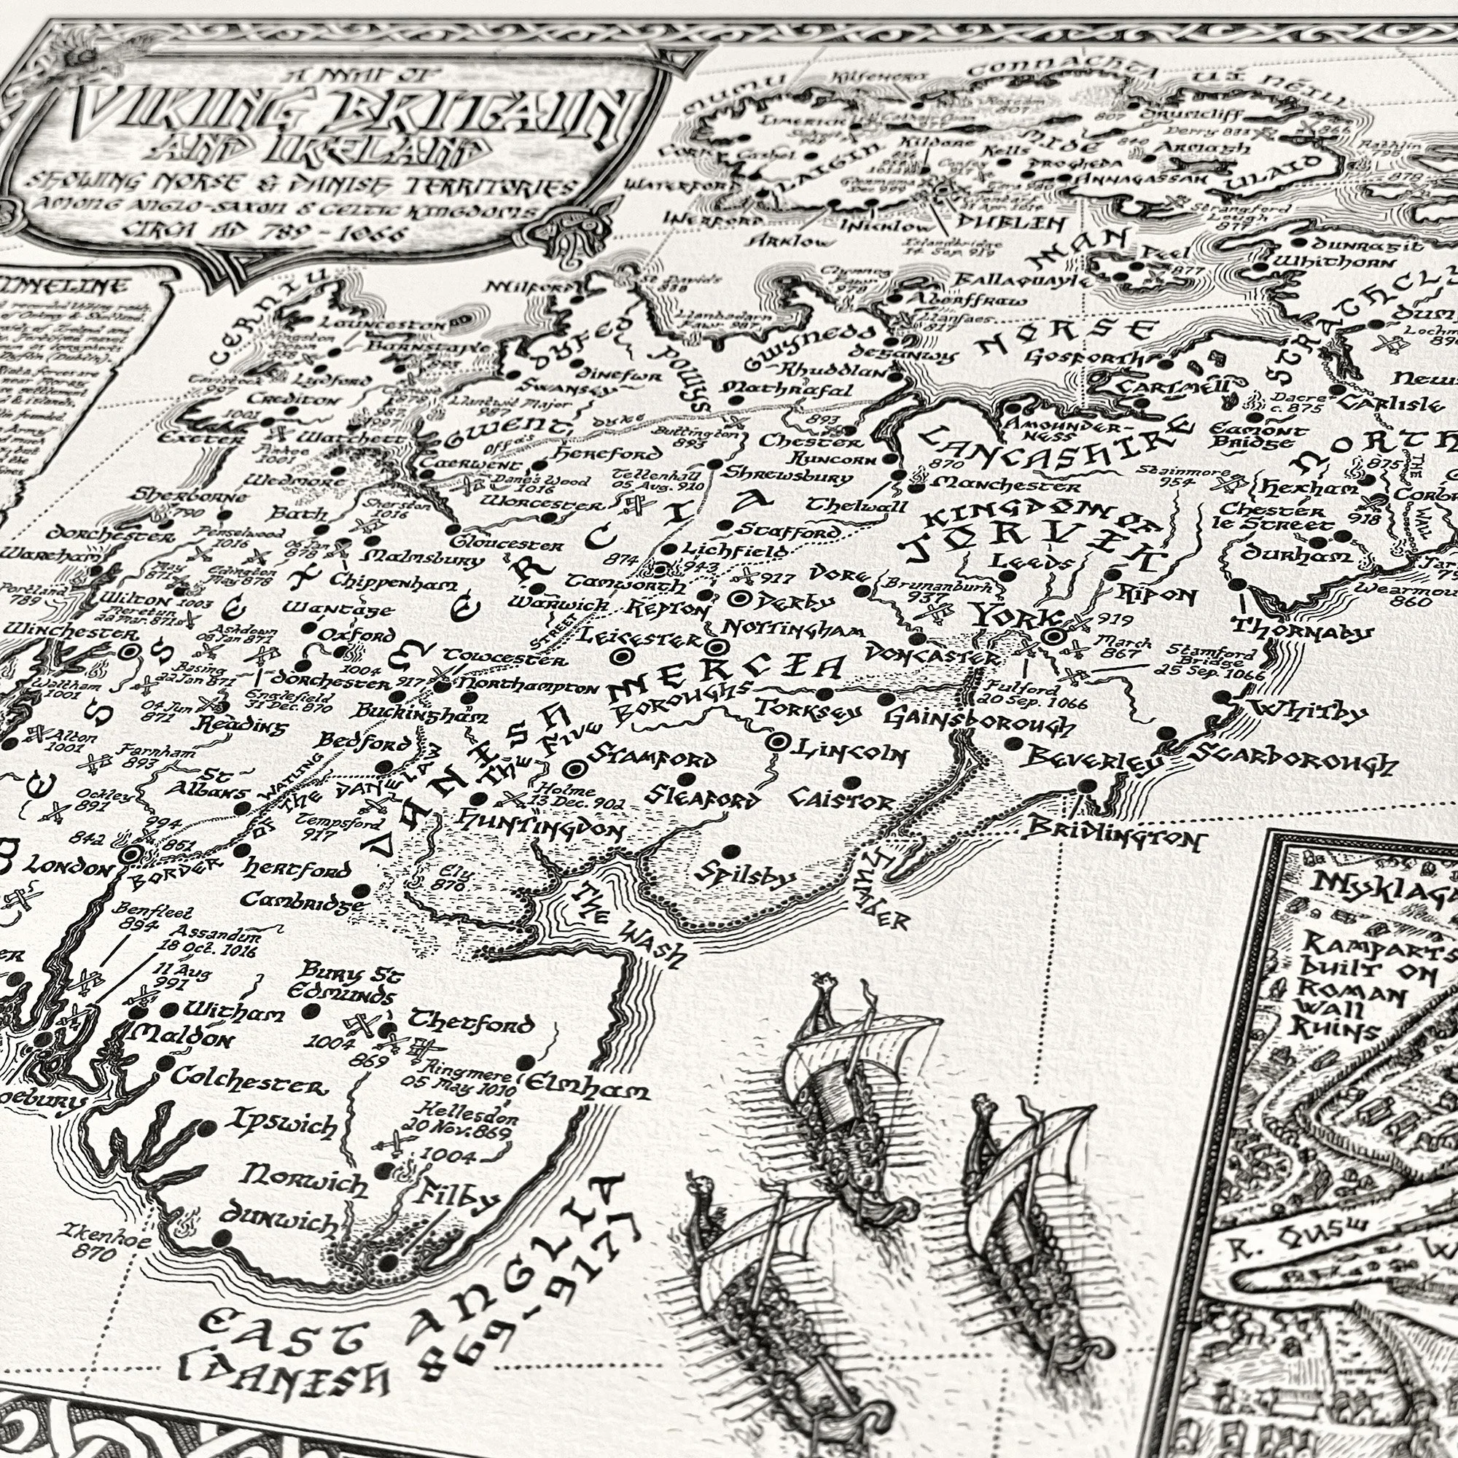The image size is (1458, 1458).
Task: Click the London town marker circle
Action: [130, 854]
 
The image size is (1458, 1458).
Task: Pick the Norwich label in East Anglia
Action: [305, 1180]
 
